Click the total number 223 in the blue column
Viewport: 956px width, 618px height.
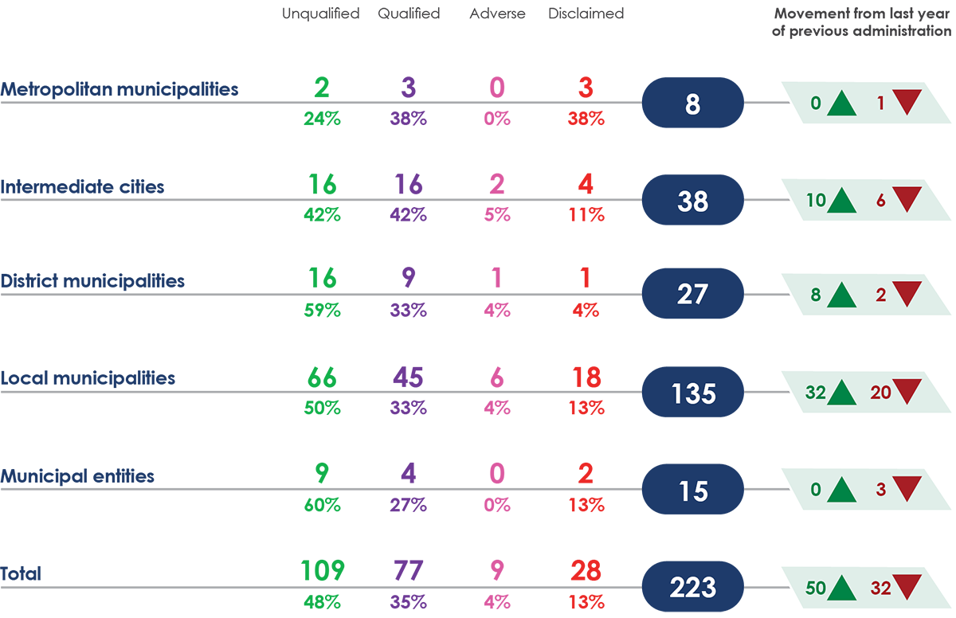click(x=692, y=589)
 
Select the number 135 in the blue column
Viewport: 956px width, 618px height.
click(x=693, y=393)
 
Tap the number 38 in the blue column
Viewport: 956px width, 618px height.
click(x=692, y=202)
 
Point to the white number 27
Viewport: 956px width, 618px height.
click(x=692, y=295)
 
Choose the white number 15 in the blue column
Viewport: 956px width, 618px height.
click(x=693, y=491)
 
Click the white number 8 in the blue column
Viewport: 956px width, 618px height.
click(x=692, y=104)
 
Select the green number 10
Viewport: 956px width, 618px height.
click(x=815, y=201)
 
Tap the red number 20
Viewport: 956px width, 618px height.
click(x=880, y=393)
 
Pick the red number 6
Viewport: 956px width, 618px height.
click(x=881, y=201)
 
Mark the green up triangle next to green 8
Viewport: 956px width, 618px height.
click(x=841, y=295)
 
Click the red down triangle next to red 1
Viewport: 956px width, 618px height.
click(x=907, y=102)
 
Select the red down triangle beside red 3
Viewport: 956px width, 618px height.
click(x=907, y=488)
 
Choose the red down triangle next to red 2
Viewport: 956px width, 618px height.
click(x=907, y=294)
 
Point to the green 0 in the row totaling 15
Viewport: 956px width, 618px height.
click(x=815, y=491)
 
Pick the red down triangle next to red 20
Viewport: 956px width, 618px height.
click(x=907, y=391)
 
